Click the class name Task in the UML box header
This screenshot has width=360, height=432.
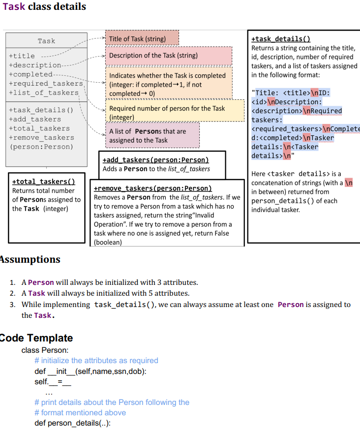(46, 41)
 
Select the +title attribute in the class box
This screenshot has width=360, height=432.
(22, 56)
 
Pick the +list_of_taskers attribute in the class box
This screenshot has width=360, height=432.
(44, 93)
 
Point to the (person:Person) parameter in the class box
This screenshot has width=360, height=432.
(41, 147)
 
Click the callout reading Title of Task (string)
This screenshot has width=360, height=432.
(137, 39)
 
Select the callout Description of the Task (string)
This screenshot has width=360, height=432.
(153, 56)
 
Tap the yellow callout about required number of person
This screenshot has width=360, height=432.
(167, 113)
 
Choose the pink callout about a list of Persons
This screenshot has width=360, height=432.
(148, 136)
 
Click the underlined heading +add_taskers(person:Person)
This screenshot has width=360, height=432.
(156, 160)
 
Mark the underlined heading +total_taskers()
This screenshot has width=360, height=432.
(43, 182)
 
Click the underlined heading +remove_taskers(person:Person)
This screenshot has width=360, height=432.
(153, 188)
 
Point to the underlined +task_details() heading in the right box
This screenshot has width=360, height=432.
(281, 39)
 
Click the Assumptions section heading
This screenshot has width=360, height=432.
(30, 259)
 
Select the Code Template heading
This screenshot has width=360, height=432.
(36, 338)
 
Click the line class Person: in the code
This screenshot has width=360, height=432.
(45, 350)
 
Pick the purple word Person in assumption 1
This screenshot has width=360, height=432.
(41, 282)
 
